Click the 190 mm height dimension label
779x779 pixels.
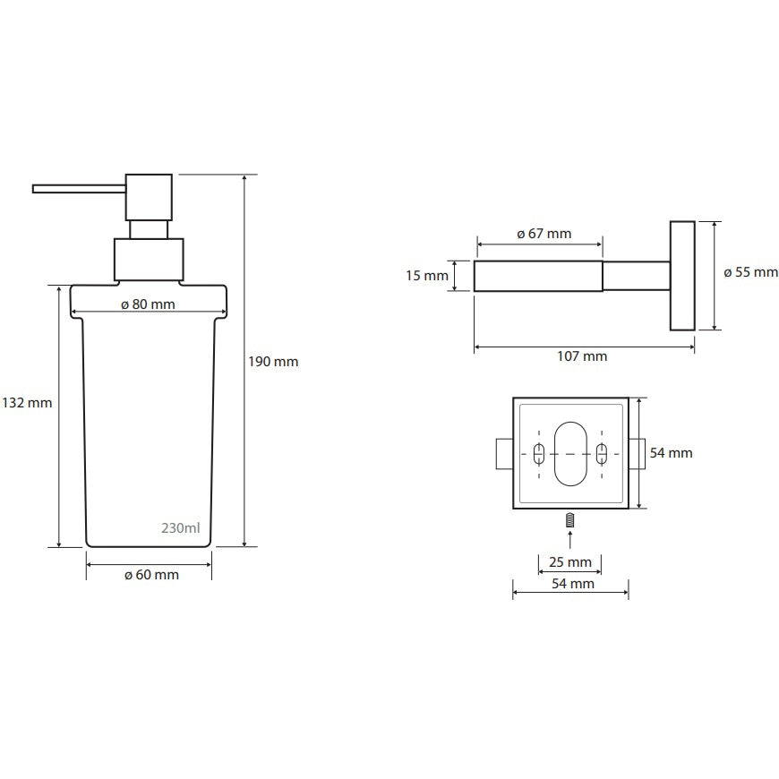point(273,362)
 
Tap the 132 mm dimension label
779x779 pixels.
point(27,402)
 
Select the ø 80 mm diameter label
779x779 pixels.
point(148,304)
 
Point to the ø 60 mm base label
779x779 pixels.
point(151,575)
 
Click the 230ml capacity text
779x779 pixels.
point(181,527)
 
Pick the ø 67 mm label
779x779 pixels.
point(544,234)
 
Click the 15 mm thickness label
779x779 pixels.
point(427,275)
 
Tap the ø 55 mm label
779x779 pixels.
point(750,272)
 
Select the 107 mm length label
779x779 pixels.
point(582,356)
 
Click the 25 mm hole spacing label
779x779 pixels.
point(570,562)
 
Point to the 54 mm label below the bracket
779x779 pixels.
point(573,584)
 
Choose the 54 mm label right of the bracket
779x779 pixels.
point(672,452)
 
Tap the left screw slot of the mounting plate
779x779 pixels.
point(539,454)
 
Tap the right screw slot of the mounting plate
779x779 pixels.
point(602,454)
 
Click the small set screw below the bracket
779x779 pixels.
point(570,520)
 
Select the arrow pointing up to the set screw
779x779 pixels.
point(570,540)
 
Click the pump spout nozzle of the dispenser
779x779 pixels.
point(79,189)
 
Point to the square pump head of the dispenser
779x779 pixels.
point(149,197)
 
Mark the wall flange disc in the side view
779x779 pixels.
point(682,276)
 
